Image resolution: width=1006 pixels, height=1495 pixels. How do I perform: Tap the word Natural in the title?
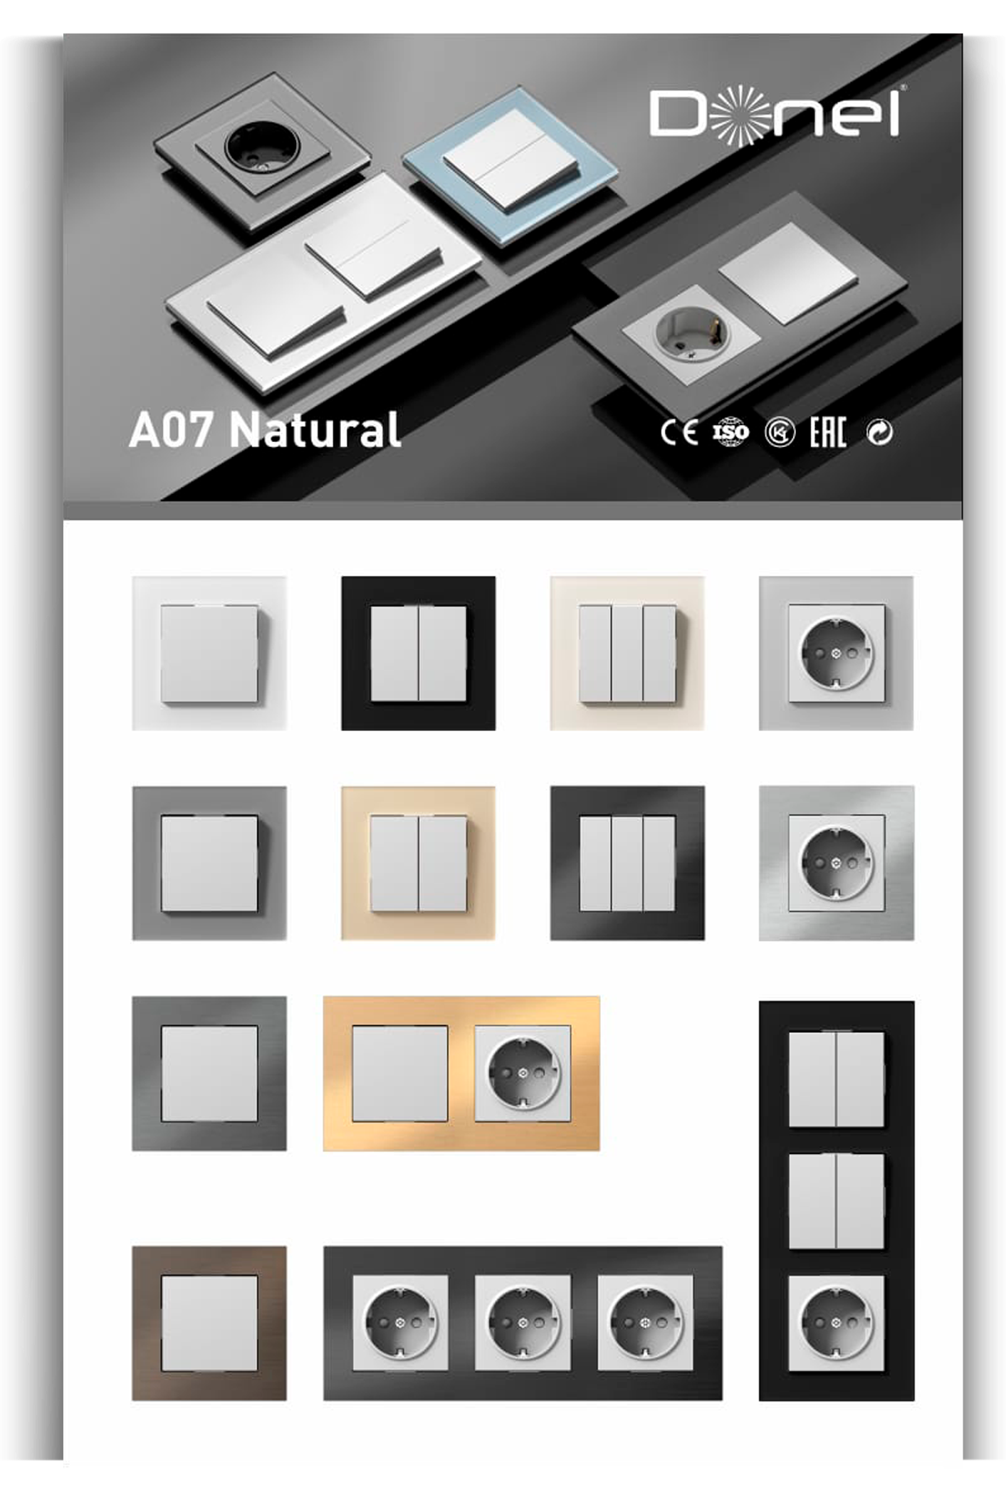(315, 429)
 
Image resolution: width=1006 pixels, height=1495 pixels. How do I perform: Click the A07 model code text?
(171, 430)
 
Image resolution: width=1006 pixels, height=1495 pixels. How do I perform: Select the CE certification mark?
(678, 432)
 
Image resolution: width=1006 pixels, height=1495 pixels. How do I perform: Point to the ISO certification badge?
(730, 432)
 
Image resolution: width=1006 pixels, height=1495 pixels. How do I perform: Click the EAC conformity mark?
(827, 432)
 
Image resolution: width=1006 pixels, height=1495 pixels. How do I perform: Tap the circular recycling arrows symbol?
(879, 432)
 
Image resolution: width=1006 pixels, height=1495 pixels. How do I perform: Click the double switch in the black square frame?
(419, 653)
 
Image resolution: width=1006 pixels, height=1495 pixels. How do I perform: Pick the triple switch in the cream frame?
(627, 654)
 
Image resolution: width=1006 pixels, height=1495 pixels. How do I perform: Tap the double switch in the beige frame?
(419, 864)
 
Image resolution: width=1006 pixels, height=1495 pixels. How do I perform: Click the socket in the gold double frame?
(523, 1073)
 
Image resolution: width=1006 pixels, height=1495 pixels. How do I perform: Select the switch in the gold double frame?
(400, 1073)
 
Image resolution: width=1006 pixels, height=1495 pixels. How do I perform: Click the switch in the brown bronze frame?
(209, 1323)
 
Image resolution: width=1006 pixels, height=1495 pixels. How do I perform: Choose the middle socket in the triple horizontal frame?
(523, 1323)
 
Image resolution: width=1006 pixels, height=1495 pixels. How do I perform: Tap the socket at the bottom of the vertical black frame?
(837, 1323)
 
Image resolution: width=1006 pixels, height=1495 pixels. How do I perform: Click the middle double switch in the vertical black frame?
(837, 1201)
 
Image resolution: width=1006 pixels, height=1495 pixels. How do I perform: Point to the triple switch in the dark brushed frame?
(627, 864)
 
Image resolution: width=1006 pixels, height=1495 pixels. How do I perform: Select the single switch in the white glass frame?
(209, 654)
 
